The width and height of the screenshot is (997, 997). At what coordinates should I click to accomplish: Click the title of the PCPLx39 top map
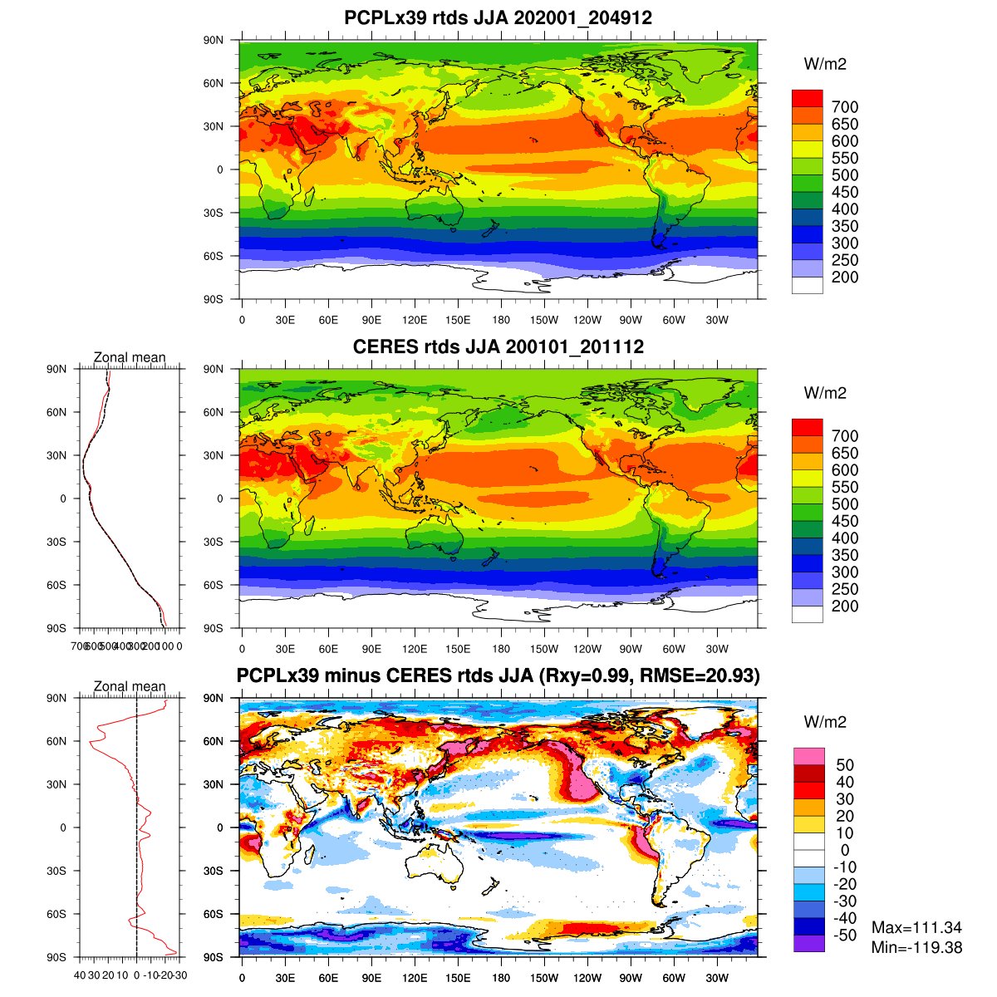pyautogui.click(x=498, y=17)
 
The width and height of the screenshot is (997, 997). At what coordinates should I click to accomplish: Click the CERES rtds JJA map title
pyautogui.click(x=498, y=346)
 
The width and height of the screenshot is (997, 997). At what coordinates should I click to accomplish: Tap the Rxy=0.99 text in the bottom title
pyautogui.click(x=585, y=676)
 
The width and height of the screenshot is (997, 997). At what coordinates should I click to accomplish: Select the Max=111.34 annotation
pyautogui.click(x=916, y=928)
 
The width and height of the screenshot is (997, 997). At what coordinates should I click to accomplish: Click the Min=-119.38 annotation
pyautogui.click(x=916, y=947)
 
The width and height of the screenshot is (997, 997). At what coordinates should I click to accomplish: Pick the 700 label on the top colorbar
pyautogui.click(x=845, y=107)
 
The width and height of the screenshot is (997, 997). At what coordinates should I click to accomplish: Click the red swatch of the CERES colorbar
pyautogui.click(x=807, y=427)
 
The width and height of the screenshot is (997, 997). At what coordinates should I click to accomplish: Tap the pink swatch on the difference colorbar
pyautogui.click(x=809, y=756)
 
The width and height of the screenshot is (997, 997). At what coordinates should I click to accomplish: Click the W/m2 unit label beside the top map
pyautogui.click(x=825, y=64)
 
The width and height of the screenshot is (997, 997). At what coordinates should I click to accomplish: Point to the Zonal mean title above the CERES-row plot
pyautogui.click(x=130, y=358)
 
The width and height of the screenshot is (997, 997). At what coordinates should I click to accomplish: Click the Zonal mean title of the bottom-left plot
pyautogui.click(x=130, y=687)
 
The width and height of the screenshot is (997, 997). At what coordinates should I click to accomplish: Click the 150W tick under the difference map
pyautogui.click(x=544, y=977)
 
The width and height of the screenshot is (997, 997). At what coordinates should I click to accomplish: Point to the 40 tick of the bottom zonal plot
pyautogui.click(x=80, y=975)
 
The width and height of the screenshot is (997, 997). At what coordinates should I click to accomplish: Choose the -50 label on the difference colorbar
pyautogui.click(x=843, y=936)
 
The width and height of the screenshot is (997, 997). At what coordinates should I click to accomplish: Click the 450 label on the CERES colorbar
pyautogui.click(x=845, y=522)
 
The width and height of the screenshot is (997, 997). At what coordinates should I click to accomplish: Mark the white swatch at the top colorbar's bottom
pyautogui.click(x=807, y=286)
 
